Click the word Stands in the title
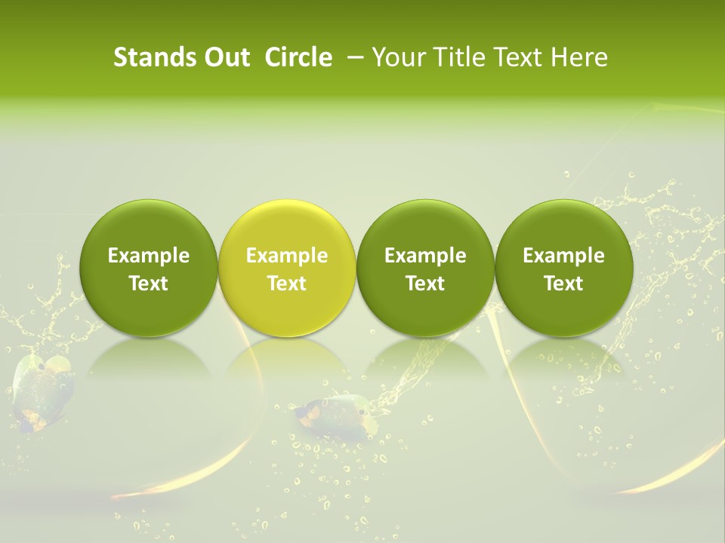point(150,57)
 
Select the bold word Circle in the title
point(298,57)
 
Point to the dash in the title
point(353,57)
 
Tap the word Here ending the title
point(578,57)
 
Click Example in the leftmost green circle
point(149,256)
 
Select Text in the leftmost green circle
point(149,284)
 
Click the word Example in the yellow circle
point(287,256)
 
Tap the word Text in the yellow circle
point(287,284)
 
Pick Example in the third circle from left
point(425,256)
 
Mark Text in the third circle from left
point(425,284)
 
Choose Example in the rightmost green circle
point(563,256)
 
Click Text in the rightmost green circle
point(563,284)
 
